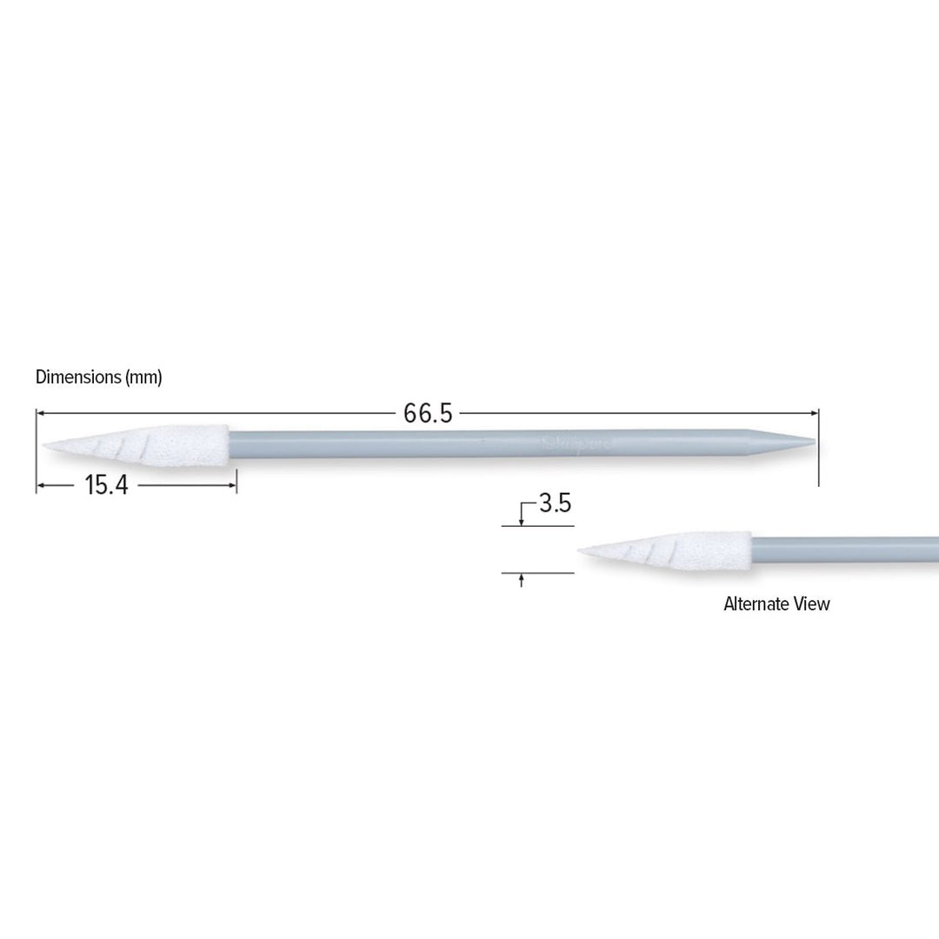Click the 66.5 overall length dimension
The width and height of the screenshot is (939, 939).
[x=427, y=414]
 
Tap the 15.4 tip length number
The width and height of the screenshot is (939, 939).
[x=106, y=485]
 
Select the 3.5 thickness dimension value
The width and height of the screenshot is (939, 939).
[x=555, y=503]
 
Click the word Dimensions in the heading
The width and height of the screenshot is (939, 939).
[x=78, y=377]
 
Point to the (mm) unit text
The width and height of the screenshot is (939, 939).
[x=144, y=377]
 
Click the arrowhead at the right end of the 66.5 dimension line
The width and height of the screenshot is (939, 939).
[x=815, y=413]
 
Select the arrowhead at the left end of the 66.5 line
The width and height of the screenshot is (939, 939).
[x=41, y=413]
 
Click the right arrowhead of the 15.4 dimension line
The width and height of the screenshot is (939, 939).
[x=232, y=485]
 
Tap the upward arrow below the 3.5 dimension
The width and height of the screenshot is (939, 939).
[x=521, y=578]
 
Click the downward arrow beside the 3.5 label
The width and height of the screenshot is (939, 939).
[x=521, y=521]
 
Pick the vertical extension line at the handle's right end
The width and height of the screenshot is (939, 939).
[x=819, y=452]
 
